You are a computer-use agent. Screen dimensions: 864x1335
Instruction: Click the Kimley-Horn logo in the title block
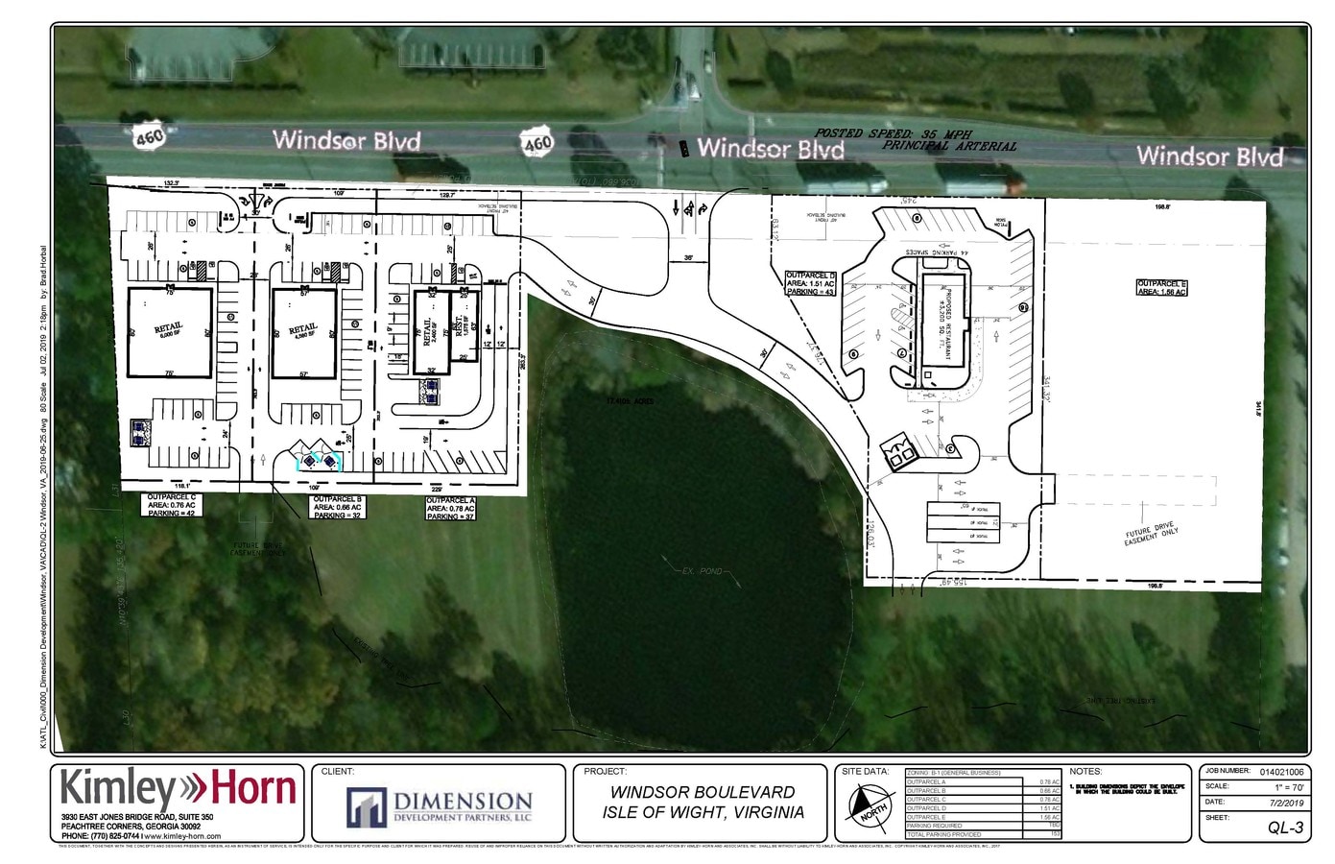pos(179,789)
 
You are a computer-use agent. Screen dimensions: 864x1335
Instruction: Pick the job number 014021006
pos(1282,771)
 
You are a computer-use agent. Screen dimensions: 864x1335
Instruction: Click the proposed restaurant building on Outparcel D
pos(942,324)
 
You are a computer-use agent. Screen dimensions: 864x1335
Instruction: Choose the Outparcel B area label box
pos(337,507)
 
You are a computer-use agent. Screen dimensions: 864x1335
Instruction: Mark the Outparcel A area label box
pos(451,508)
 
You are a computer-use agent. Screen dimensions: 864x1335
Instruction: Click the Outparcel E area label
pos(1162,287)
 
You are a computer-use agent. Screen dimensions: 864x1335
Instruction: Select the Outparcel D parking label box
pos(811,284)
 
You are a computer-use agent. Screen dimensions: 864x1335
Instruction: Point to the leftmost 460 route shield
pos(151,137)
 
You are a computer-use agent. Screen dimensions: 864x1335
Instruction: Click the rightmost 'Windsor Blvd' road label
pos(1209,156)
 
